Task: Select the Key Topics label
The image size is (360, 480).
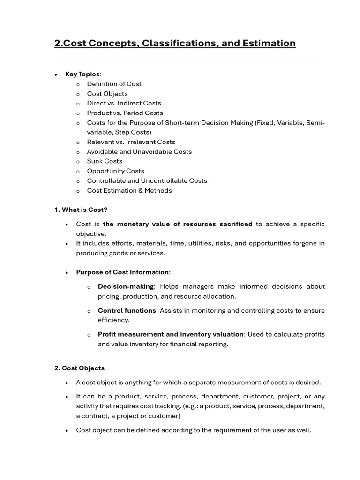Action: coord(82,74)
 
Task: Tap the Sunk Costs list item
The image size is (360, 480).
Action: coord(105,161)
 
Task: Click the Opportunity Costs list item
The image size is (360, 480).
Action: coord(115,171)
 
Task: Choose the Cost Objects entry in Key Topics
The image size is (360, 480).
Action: coord(107,94)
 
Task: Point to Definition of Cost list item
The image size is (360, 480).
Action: coord(114,84)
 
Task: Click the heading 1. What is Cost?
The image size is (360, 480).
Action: coord(81,210)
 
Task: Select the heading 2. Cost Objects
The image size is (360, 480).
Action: coord(79,368)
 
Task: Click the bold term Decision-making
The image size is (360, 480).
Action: coord(126,286)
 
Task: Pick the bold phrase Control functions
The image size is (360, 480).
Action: coord(127,310)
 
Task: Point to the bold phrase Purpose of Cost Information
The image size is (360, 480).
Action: coord(122,272)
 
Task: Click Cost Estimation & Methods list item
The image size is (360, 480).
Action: coord(129,190)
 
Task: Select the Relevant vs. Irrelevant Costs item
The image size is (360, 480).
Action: coord(131,142)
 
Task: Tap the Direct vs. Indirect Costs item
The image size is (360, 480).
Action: coord(124,103)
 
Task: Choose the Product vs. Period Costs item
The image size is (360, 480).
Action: coord(125,113)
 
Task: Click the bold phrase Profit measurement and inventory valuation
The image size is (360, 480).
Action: coord(171,334)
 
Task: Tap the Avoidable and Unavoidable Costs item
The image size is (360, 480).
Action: coord(139,152)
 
